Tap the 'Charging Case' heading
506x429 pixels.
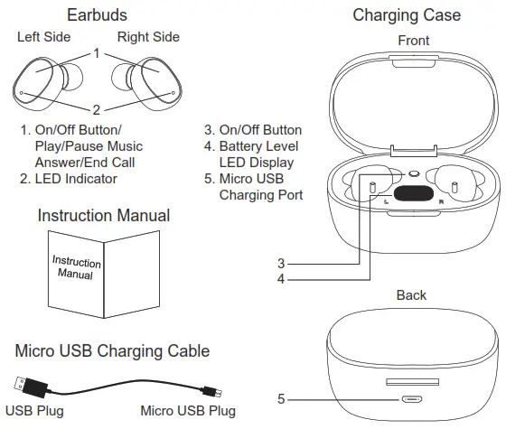[x=406, y=15]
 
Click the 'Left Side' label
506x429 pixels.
[x=44, y=37]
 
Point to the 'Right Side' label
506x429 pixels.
[x=148, y=37]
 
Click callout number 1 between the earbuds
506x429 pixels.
[x=96, y=54]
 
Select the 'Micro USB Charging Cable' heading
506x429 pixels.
[x=112, y=350]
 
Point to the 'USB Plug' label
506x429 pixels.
[x=35, y=411]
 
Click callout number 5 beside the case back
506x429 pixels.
[x=280, y=397]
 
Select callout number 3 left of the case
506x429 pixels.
[x=281, y=263]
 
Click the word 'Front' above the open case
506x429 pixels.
[x=413, y=41]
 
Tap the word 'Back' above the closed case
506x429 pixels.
[x=411, y=295]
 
